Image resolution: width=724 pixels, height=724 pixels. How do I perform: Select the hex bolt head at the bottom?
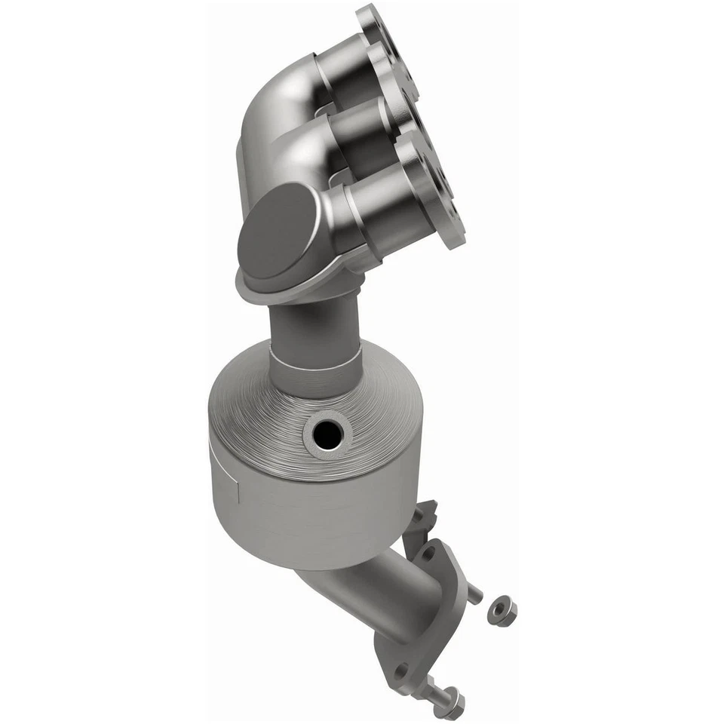coord(452,709)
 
